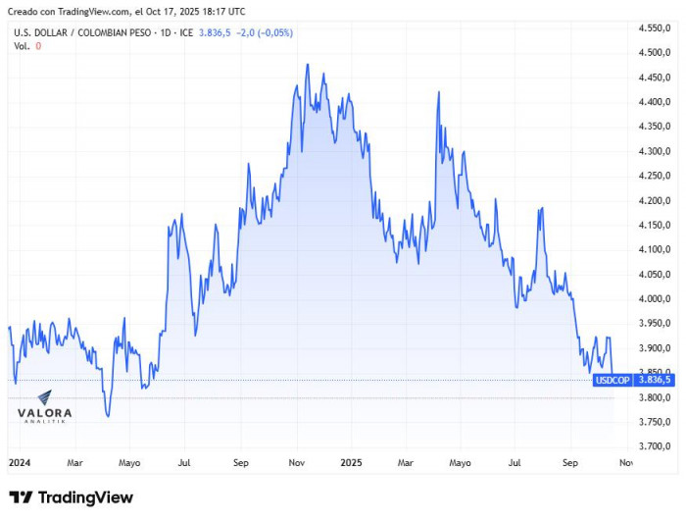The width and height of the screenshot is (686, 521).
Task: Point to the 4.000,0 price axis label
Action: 654,298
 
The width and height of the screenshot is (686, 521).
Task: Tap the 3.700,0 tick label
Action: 654,446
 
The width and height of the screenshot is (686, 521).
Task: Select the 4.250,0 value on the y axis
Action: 654,176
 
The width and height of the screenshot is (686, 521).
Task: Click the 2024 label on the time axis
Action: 18,462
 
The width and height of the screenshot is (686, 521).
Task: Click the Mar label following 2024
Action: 74,462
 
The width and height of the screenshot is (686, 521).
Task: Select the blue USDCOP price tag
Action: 612,380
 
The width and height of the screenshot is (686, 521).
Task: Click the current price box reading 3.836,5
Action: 654,380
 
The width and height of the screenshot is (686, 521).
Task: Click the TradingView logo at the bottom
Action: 71,497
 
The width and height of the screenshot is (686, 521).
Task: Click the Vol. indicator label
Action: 22,46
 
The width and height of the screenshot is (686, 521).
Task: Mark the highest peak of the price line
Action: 308,66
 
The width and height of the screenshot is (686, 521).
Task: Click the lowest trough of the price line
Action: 108,416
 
